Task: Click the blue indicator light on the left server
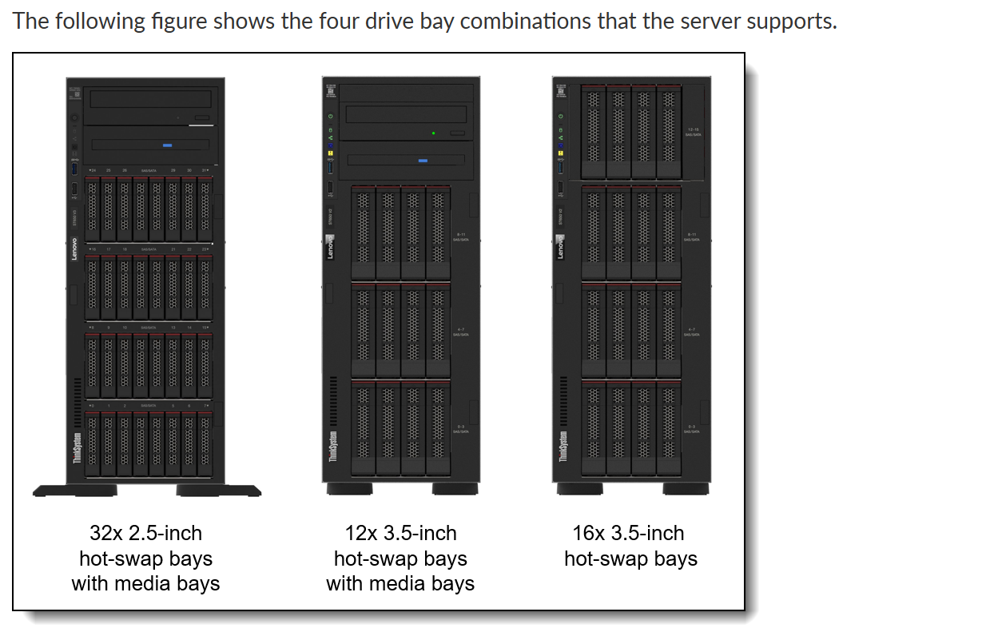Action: pos(167,145)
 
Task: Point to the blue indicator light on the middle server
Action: pos(422,161)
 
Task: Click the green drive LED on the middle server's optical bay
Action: pos(433,132)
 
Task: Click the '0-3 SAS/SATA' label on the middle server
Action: pos(460,429)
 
